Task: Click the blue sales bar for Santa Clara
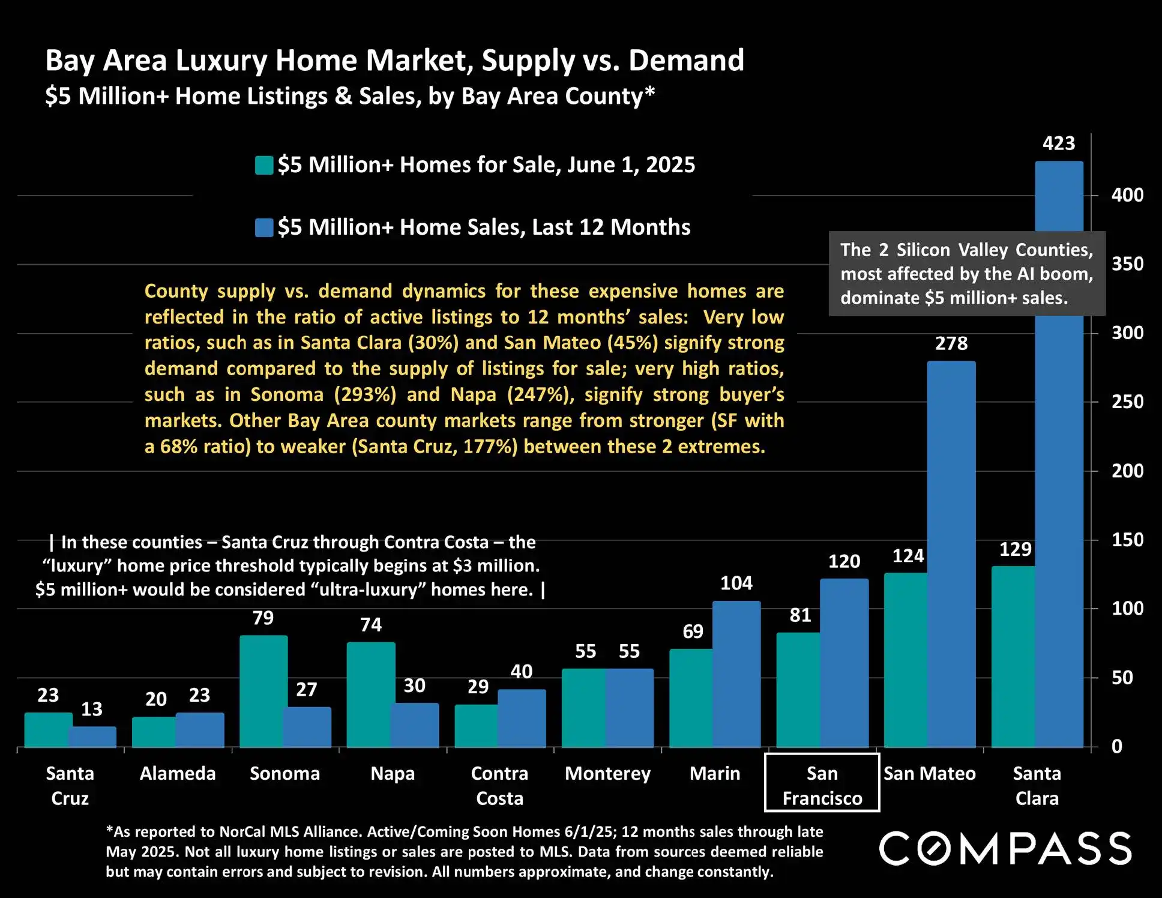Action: [x=1059, y=480]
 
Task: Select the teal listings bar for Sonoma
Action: [x=263, y=690]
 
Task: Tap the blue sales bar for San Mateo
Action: [x=951, y=552]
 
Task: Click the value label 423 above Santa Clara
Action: [x=1059, y=143]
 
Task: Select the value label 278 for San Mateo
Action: [x=951, y=343]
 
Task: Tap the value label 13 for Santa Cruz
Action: [x=92, y=709]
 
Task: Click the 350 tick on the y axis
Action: [x=1127, y=264]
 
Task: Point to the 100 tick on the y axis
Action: [x=1127, y=608]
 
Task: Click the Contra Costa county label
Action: [x=499, y=785]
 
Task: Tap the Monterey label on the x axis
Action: [x=607, y=773]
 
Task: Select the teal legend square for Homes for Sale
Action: [x=264, y=165]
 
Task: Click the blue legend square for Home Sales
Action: [x=264, y=228]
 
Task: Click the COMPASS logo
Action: [x=1005, y=848]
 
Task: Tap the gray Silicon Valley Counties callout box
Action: [x=966, y=274]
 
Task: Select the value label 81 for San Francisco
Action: [x=800, y=615]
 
